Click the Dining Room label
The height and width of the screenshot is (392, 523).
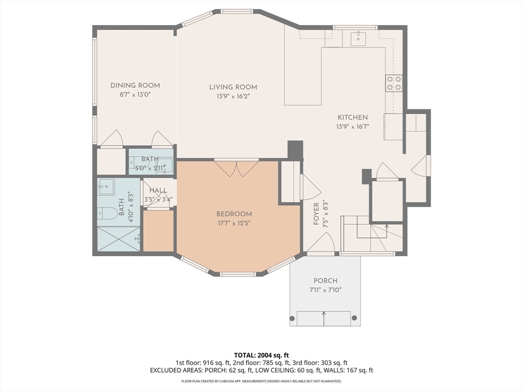135,86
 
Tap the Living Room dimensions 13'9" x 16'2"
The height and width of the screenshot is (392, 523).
233,96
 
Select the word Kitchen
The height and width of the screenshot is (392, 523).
352,117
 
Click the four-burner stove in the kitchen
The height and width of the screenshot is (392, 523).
394,83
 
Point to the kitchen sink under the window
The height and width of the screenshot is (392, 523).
358,38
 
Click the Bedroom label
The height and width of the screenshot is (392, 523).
234,214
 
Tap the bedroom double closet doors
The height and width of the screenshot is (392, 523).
236,168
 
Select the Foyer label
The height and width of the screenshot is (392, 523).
316,214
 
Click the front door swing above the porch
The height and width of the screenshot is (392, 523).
321,242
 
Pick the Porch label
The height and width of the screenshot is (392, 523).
325,281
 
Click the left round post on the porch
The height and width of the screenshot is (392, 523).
292,318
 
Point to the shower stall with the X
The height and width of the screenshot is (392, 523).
118,239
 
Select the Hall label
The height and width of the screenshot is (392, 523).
158,190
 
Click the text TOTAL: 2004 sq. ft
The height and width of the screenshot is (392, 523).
261,355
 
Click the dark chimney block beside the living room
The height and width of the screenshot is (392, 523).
295,150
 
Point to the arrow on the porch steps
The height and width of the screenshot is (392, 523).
323,318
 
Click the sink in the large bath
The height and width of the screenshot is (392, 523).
106,187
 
